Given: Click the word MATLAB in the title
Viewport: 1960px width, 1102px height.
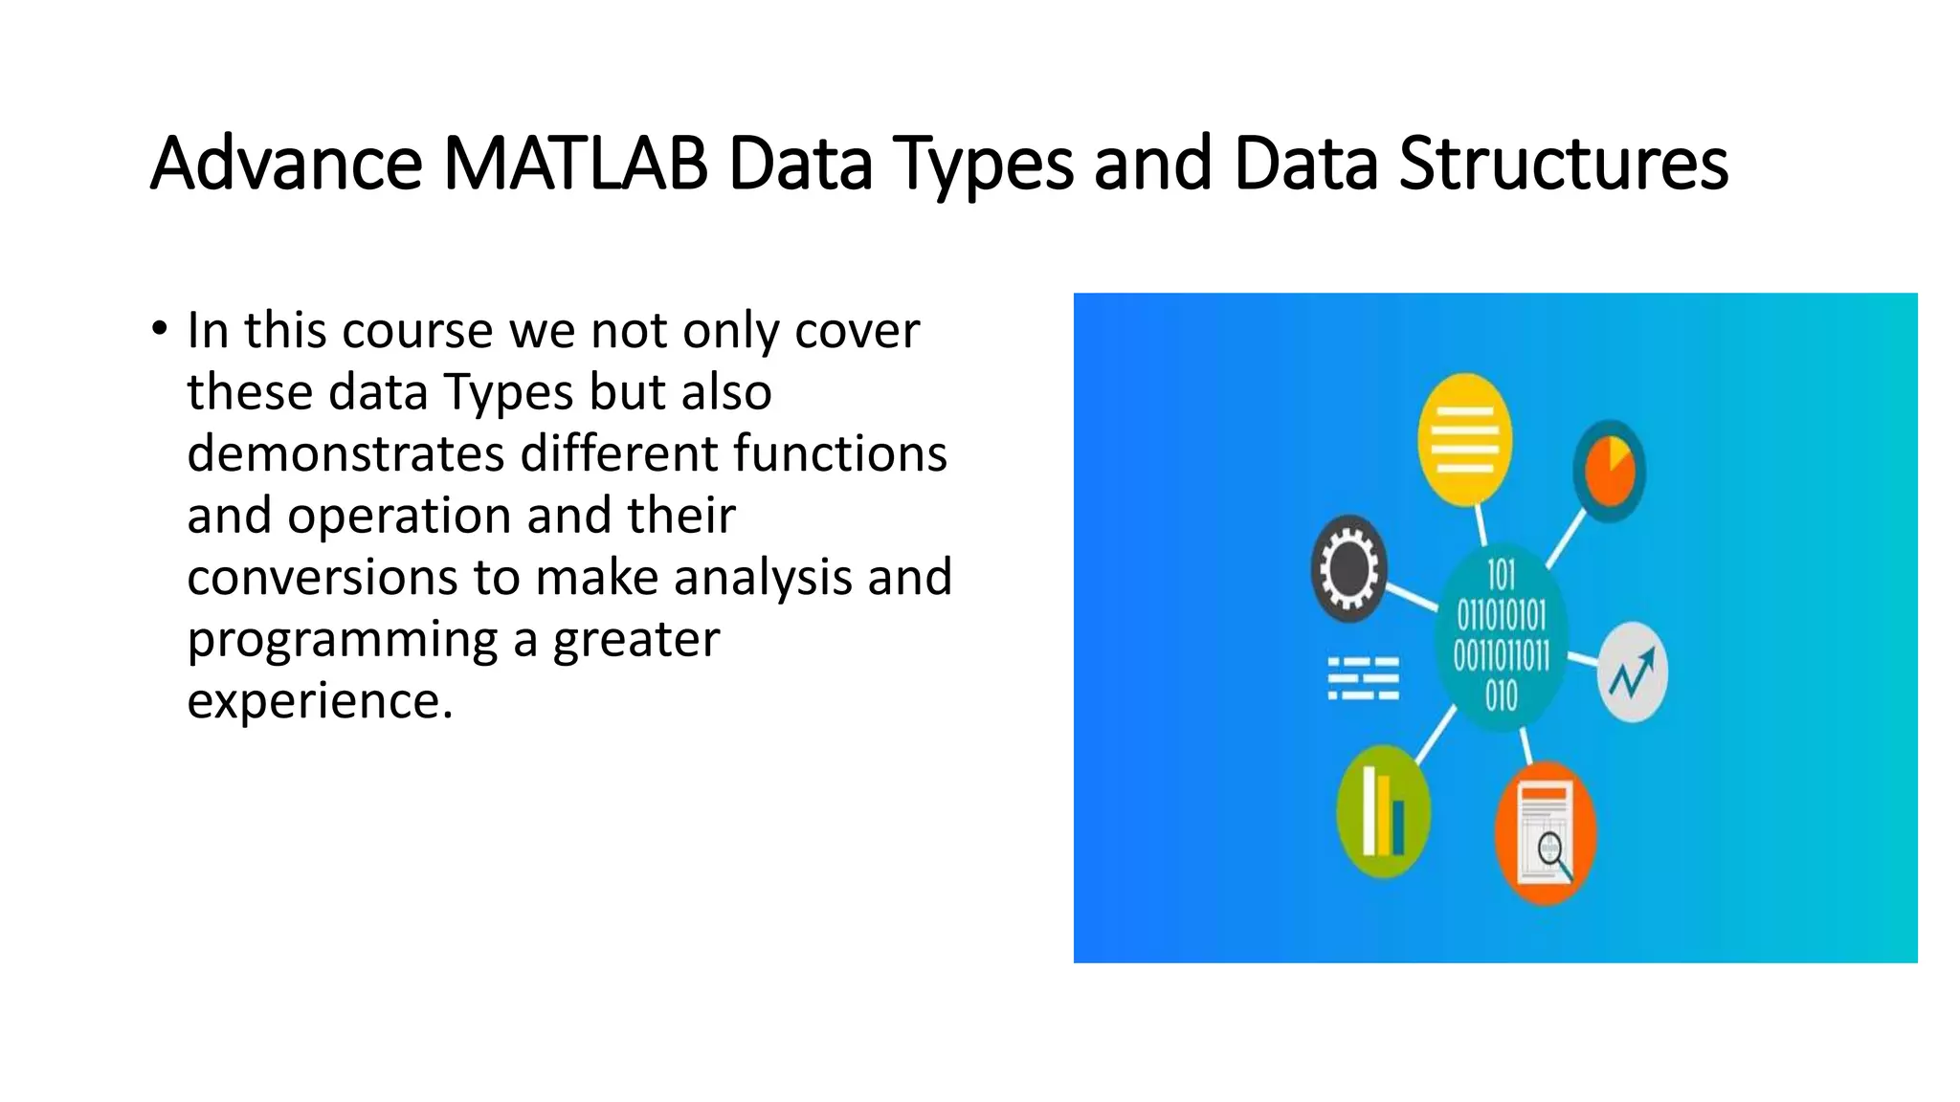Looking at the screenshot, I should (x=575, y=164).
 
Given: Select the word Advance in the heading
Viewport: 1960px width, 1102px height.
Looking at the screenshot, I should (x=286, y=164).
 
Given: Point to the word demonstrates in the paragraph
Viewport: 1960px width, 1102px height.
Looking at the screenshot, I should (x=345, y=453).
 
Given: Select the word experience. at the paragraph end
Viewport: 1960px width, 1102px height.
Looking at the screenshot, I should (x=320, y=700).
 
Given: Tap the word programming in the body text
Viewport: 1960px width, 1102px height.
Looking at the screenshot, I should (x=343, y=639).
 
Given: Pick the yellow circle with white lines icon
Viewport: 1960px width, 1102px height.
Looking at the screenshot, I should (x=1464, y=439).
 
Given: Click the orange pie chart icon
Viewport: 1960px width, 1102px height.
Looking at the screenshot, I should (x=1609, y=471).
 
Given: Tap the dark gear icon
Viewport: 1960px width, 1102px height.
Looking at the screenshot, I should (x=1348, y=569).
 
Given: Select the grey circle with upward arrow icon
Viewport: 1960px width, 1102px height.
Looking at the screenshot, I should (x=1632, y=672).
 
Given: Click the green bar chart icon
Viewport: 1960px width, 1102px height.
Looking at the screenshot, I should (x=1383, y=812).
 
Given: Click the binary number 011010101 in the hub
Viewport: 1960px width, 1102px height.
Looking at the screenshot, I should (x=1501, y=615).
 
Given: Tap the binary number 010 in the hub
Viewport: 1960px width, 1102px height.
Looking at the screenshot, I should (x=1501, y=695).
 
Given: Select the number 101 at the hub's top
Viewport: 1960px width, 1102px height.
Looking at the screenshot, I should (x=1501, y=576).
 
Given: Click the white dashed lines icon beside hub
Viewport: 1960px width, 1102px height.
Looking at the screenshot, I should (x=1363, y=678).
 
